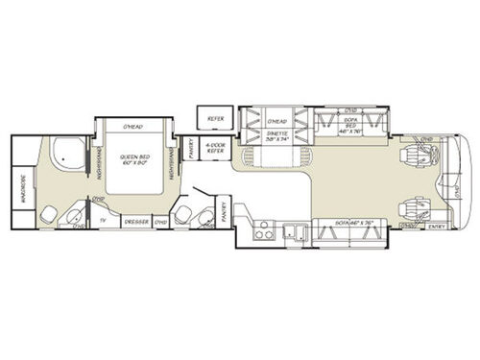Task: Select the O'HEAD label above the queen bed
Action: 134,127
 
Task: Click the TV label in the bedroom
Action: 103,220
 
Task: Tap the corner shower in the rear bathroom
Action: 68,154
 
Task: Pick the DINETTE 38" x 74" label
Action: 278,137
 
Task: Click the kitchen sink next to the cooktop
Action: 299,229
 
